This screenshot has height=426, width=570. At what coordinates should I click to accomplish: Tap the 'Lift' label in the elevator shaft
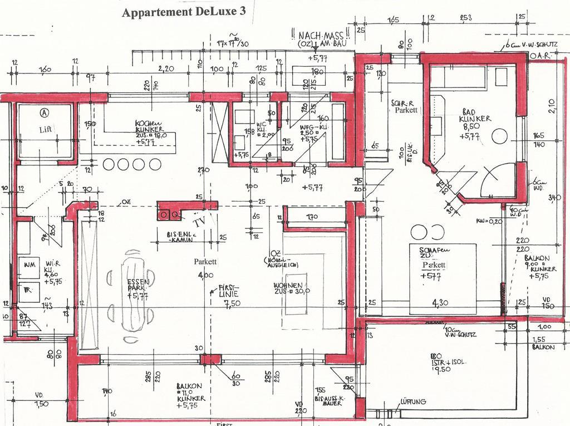click(x=45, y=129)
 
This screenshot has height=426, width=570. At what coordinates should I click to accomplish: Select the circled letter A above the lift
click(x=43, y=112)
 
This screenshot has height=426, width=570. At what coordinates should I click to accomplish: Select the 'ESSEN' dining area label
click(x=137, y=281)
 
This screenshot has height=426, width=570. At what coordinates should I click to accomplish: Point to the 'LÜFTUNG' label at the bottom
click(x=412, y=401)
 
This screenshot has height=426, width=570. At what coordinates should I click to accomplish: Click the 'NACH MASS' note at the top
click(x=320, y=36)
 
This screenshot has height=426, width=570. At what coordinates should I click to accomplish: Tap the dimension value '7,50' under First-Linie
click(x=232, y=304)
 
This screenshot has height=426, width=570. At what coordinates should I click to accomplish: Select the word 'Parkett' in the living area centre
click(x=205, y=261)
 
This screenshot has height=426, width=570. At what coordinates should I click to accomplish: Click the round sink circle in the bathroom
click(x=500, y=136)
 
